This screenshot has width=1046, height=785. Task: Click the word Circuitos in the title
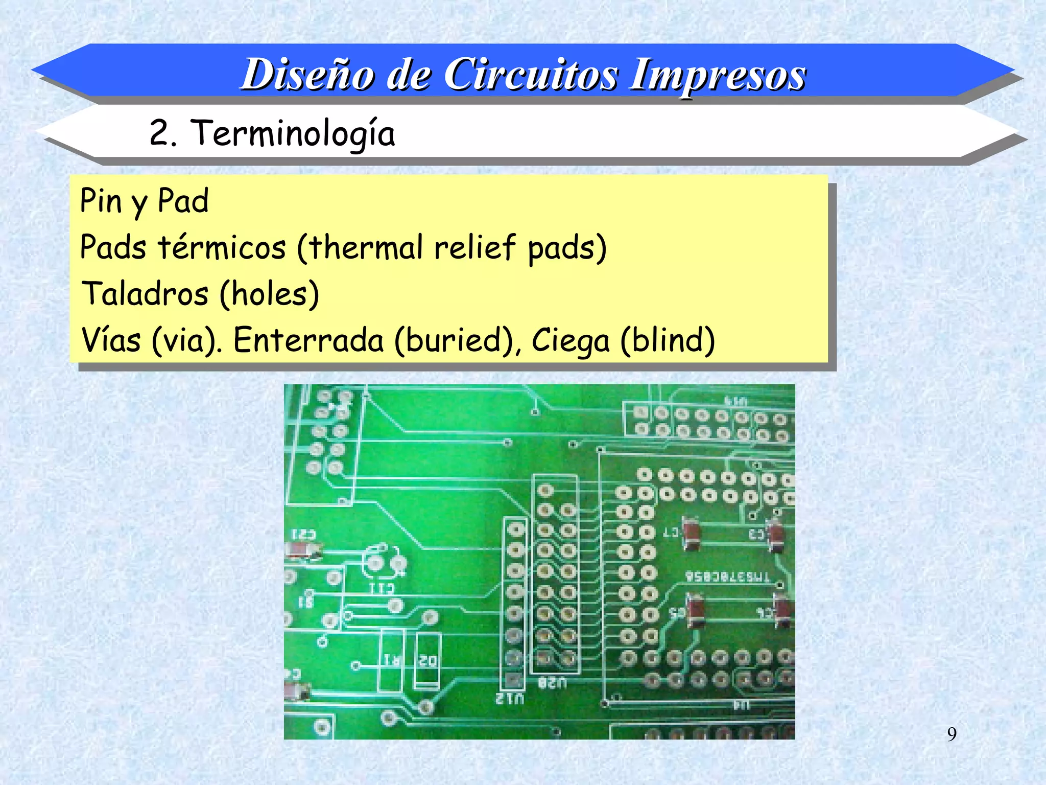point(531,75)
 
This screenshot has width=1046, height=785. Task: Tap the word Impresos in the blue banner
point(718,75)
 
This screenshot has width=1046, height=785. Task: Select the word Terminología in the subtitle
point(293,133)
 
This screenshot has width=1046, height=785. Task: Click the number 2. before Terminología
point(162,133)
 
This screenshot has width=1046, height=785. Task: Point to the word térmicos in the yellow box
point(222,247)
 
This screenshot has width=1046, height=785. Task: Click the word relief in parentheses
point(475,247)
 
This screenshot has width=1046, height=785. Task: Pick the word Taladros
point(145,294)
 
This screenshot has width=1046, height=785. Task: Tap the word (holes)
point(269,294)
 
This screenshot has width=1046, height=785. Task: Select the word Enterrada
point(308,340)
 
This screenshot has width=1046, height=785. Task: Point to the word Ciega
point(570,340)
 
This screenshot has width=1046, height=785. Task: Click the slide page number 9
point(952,734)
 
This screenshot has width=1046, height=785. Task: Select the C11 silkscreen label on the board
point(382,589)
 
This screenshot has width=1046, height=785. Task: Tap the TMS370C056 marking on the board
point(727,576)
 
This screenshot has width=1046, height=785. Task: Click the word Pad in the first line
point(183,201)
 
